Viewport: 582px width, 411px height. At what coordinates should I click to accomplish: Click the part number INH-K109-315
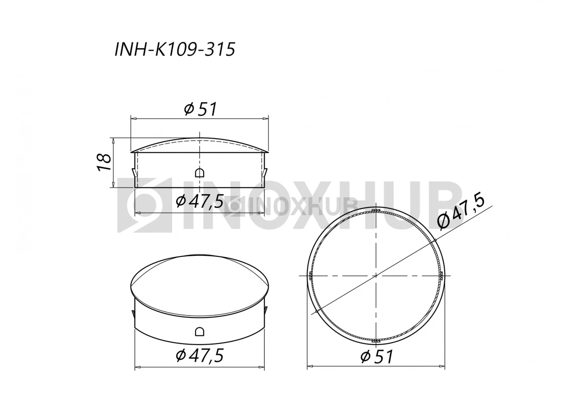pyautogui.click(x=175, y=49)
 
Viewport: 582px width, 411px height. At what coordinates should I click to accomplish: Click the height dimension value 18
pyautogui.click(x=104, y=162)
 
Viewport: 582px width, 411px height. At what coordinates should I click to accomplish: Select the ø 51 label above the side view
pyautogui.click(x=200, y=109)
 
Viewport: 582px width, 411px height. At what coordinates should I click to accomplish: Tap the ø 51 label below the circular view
pyautogui.click(x=376, y=357)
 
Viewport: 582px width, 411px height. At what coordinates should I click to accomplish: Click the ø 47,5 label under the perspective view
pyautogui.click(x=199, y=355)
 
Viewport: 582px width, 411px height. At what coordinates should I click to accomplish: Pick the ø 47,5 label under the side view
pyautogui.click(x=199, y=201)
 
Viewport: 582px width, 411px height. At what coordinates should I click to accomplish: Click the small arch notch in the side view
pyautogui.click(x=199, y=173)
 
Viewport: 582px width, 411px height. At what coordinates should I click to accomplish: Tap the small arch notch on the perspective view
pyautogui.click(x=199, y=331)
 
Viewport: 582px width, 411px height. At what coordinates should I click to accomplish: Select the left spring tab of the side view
pyautogui.click(x=133, y=172)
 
